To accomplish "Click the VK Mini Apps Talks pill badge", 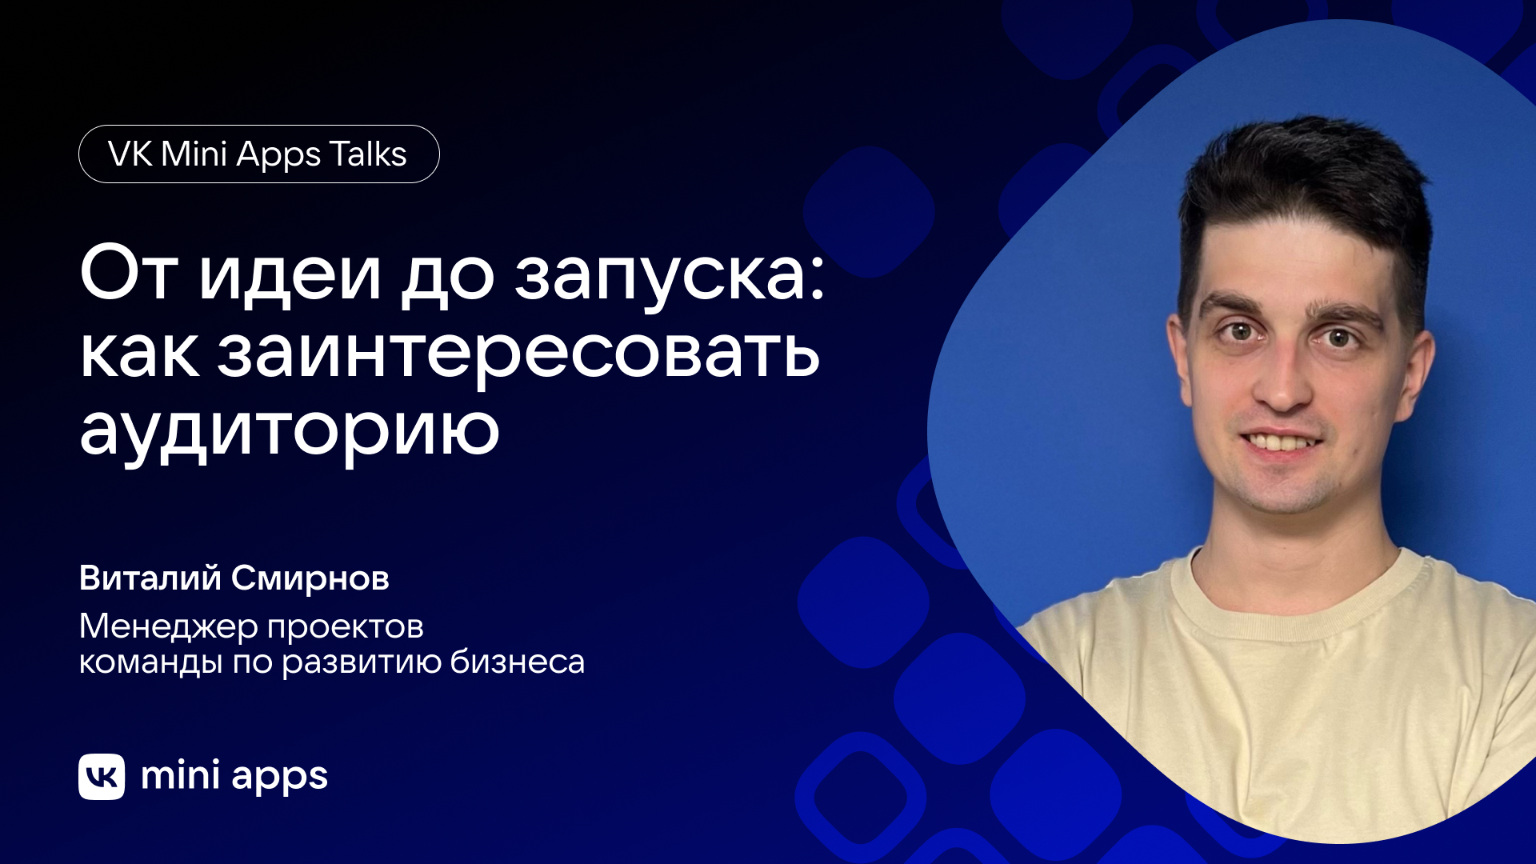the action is point(258,154).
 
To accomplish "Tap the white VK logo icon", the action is point(102,776).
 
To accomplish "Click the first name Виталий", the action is point(150,578).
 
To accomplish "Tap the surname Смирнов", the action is point(310,578).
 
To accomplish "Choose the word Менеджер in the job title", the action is point(168,627).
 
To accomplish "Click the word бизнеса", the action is point(517,662).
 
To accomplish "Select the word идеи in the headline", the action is point(290,276).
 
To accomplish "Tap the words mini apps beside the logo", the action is point(234,776).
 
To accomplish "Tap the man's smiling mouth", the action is point(1280,442).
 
